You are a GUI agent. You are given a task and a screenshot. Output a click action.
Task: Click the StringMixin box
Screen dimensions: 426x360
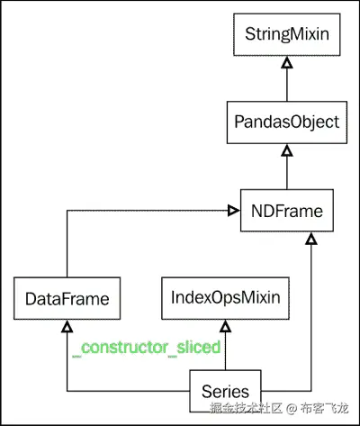(285, 35)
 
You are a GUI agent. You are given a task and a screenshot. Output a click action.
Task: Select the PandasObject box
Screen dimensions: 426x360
(285, 122)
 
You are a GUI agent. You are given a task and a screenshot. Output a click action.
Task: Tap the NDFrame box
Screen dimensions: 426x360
(285, 210)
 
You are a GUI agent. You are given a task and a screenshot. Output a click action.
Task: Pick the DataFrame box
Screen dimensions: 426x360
(68, 297)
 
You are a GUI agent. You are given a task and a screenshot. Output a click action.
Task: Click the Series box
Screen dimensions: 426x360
(225, 391)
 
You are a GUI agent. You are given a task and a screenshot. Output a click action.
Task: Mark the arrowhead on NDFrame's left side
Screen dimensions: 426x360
(233, 210)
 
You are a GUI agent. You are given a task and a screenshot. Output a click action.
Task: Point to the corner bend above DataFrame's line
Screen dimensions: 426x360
(68, 210)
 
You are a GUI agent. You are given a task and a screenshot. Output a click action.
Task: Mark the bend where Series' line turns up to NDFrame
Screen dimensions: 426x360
(310, 391)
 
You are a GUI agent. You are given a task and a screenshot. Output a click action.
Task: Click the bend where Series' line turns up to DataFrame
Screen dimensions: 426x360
(68, 391)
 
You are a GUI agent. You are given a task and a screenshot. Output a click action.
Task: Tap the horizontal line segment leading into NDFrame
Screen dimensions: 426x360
(148, 210)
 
